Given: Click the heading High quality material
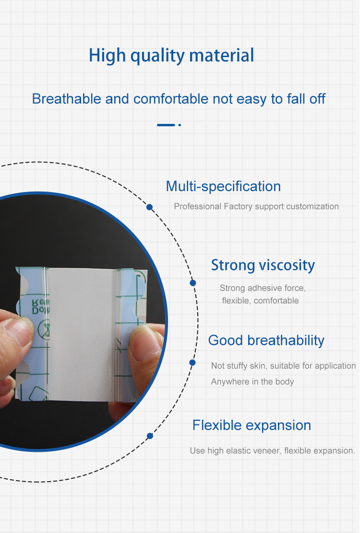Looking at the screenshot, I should coord(171,56).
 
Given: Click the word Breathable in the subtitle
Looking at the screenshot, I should coord(67,99).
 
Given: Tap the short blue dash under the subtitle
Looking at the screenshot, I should coord(166,125).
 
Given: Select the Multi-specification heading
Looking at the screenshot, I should coord(223,186).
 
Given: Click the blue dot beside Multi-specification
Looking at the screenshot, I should coord(150,207).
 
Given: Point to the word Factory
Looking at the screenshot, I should coord(238,206).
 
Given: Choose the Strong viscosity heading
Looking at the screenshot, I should coord(263,265).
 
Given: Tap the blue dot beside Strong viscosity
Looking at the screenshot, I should coord(193,283).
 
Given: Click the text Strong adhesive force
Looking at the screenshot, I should coord(263,288).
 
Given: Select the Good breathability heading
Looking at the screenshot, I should coord(266,340).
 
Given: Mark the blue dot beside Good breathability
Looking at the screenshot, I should coord(192,363).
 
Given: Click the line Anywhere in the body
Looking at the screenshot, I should coord(252,382).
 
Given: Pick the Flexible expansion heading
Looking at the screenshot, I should coord(252,425).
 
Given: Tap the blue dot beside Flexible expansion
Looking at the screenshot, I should coord(150,436).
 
